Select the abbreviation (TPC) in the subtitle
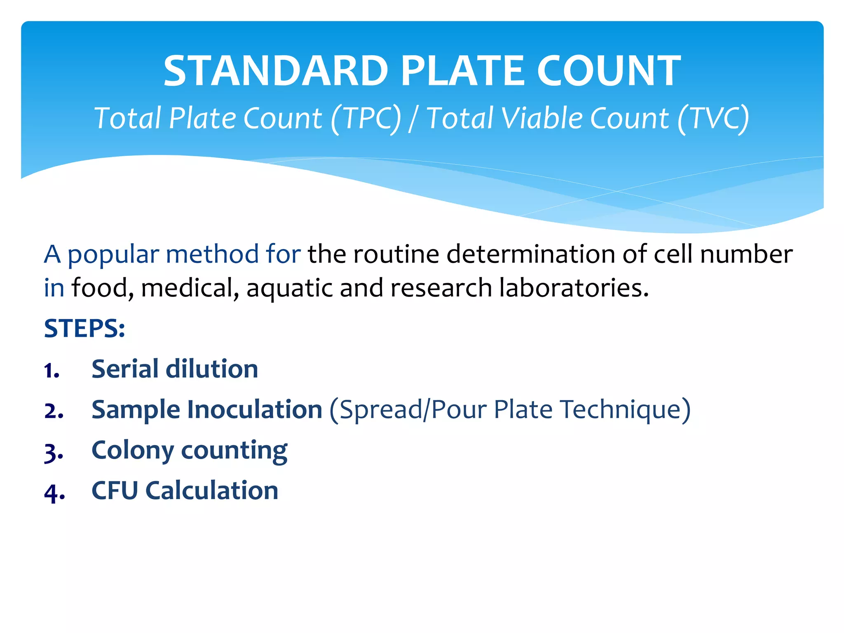coord(366,119)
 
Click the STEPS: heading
coord(84,328)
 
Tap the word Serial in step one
coord(124,369)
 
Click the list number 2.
coord(54,411)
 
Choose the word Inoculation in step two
coord(254,410)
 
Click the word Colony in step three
coord(133,451)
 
